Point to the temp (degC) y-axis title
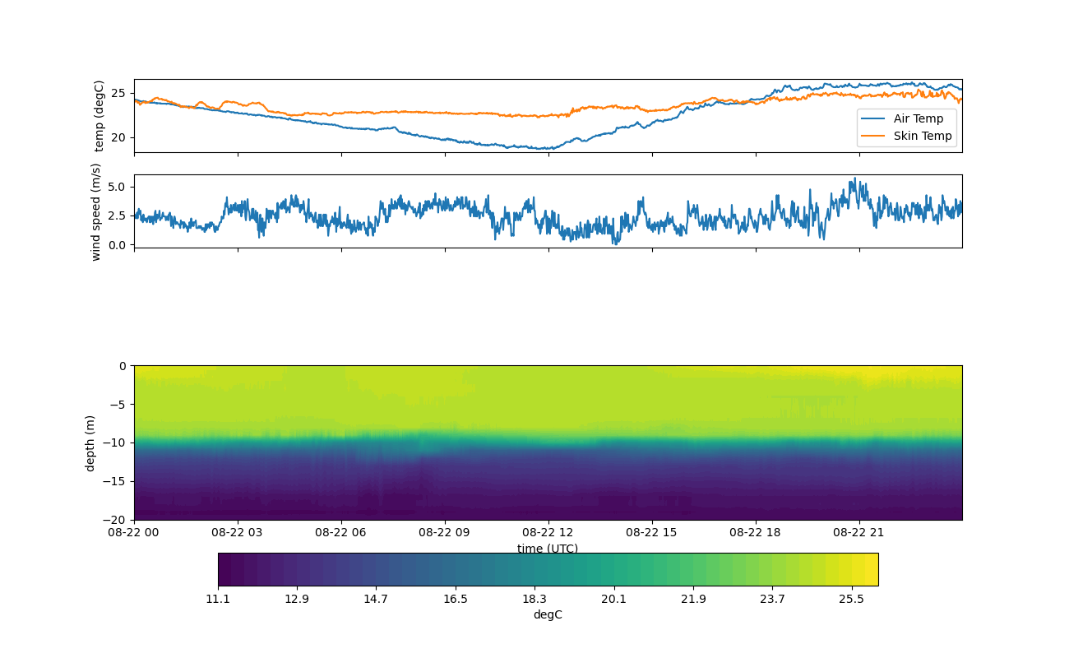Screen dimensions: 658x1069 [99, 116]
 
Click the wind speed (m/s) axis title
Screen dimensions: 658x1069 [95, 211]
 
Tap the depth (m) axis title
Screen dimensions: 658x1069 [90, 443]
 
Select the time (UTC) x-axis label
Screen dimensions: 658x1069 [548, 549]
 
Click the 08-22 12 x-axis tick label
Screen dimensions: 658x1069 [548, 532]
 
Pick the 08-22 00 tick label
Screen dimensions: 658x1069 [134, 532]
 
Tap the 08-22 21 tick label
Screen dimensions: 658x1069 [858, 532]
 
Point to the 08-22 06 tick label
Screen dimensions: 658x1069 [340, 532]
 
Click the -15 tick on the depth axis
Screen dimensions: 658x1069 [117, 481]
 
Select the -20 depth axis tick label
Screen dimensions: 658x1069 [117, 520]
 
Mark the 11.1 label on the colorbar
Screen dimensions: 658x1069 [218, 599]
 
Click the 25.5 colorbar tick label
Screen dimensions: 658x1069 [851, 599]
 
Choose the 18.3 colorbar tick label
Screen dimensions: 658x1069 [534, 599]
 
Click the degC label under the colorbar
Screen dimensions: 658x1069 [548, 614]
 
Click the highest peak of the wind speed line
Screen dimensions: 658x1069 [854, 178]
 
